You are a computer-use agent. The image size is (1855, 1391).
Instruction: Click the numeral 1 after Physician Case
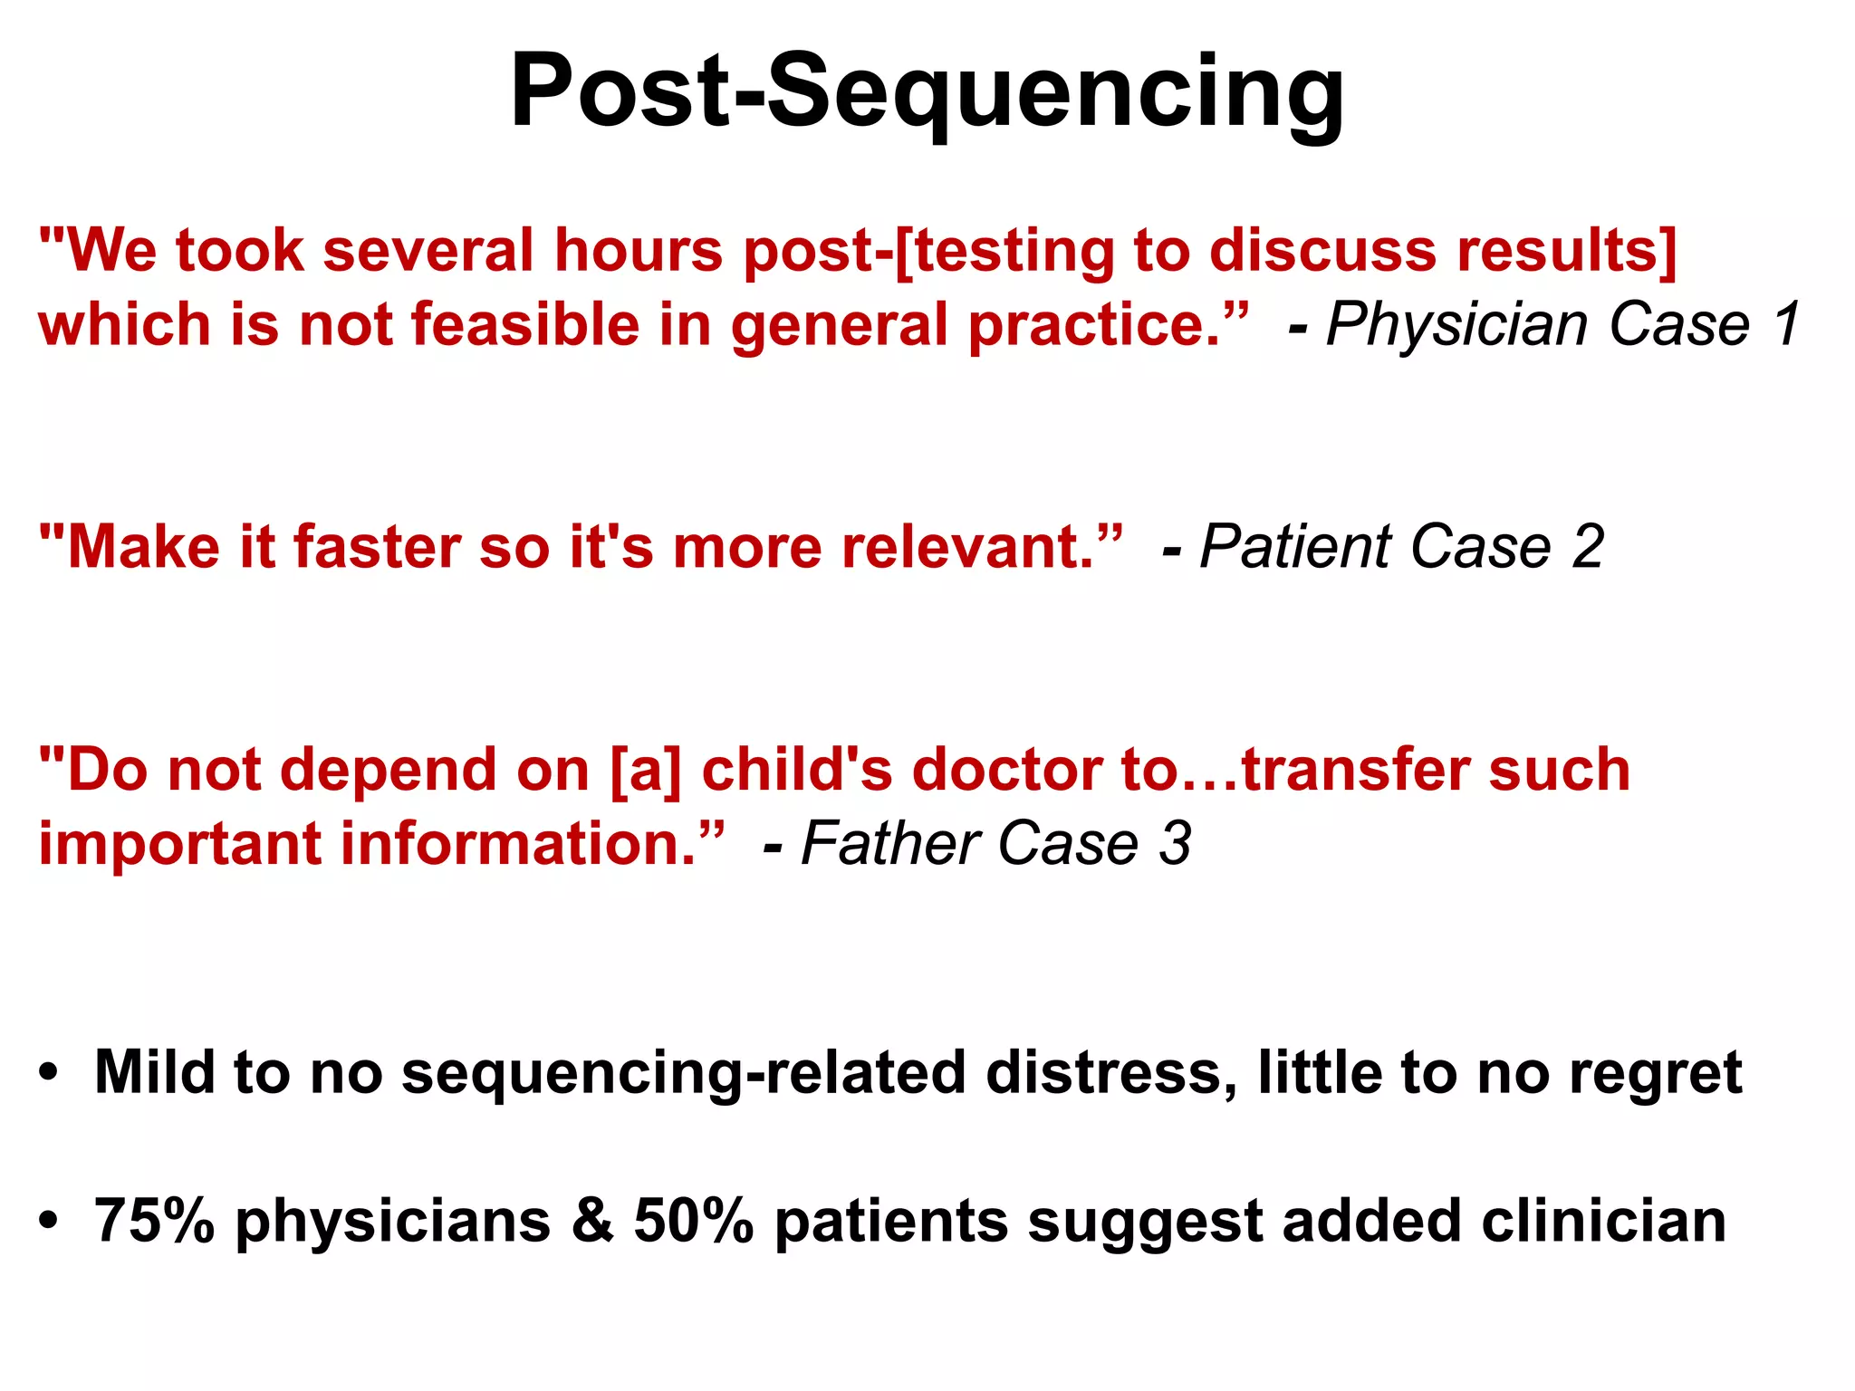(x=1787, y=323)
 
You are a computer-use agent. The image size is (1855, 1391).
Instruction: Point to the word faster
(x=375, y=547)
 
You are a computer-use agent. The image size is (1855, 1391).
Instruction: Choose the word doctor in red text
(x=1005, y=771)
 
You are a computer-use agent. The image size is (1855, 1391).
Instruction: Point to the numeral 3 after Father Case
(x=1176, y=844)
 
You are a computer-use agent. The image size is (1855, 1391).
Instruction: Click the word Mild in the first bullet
(x=154, y=1072)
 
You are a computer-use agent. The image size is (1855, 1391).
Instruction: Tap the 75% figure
(x=154, y=1221)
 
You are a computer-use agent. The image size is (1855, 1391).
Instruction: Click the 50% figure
(x=693, y=1221)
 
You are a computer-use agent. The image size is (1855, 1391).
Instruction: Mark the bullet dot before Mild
(x=49, y=1074)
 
